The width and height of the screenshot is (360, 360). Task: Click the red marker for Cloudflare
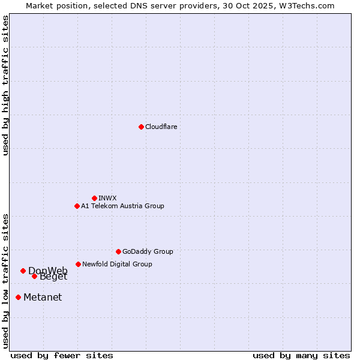[x=141, y=127]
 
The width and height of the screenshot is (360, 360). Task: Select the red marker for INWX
[x=94, y=198]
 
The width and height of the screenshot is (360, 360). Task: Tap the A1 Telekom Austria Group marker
[x=77, y=206]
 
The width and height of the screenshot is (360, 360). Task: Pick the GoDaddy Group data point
[x=118, y=251]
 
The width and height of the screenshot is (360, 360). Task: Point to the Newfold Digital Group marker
[x=78, y=264]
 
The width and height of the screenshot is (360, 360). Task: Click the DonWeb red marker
[x=23, y=271]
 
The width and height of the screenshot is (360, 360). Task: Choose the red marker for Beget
[x=34, y=276]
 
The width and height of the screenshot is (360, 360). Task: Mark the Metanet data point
[x=18, y=297]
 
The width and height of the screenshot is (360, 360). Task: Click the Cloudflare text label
[x=161, y=127]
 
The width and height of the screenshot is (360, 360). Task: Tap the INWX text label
[x=107, y=198]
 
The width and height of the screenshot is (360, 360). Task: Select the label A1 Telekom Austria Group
[x=122, y=206]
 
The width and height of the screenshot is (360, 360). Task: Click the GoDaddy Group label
[x=148, y=251]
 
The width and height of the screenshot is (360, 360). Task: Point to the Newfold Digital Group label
[x=117, y=264]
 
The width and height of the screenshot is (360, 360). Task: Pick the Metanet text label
[x=43, y=297]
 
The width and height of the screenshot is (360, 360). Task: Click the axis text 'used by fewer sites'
[x=62, y=355]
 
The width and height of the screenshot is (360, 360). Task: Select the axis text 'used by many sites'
[x=301, y=355]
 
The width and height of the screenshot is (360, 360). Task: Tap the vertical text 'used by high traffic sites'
[x=5, y=85]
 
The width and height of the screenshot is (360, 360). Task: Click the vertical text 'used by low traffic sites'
[x=5, y=280]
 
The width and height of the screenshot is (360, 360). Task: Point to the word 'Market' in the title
[x=40, y=5]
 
